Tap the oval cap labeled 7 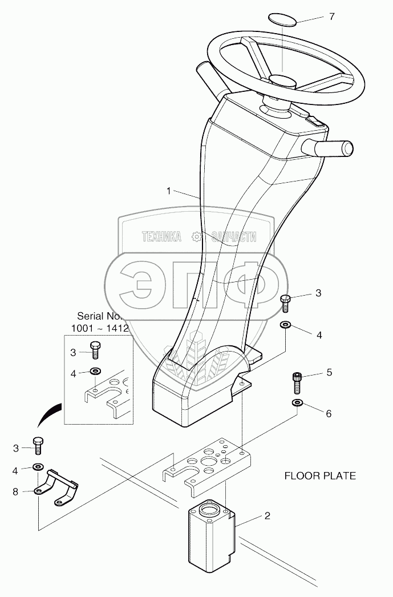(x=282, y=20)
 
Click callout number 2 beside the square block (x=266, y=516)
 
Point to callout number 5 (x=329, y=373)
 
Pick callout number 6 (x=329, y=413)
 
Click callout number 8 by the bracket (x=16, y=490)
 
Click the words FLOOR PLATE (x=319, y=475)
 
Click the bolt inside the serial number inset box (x=95, y=349)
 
